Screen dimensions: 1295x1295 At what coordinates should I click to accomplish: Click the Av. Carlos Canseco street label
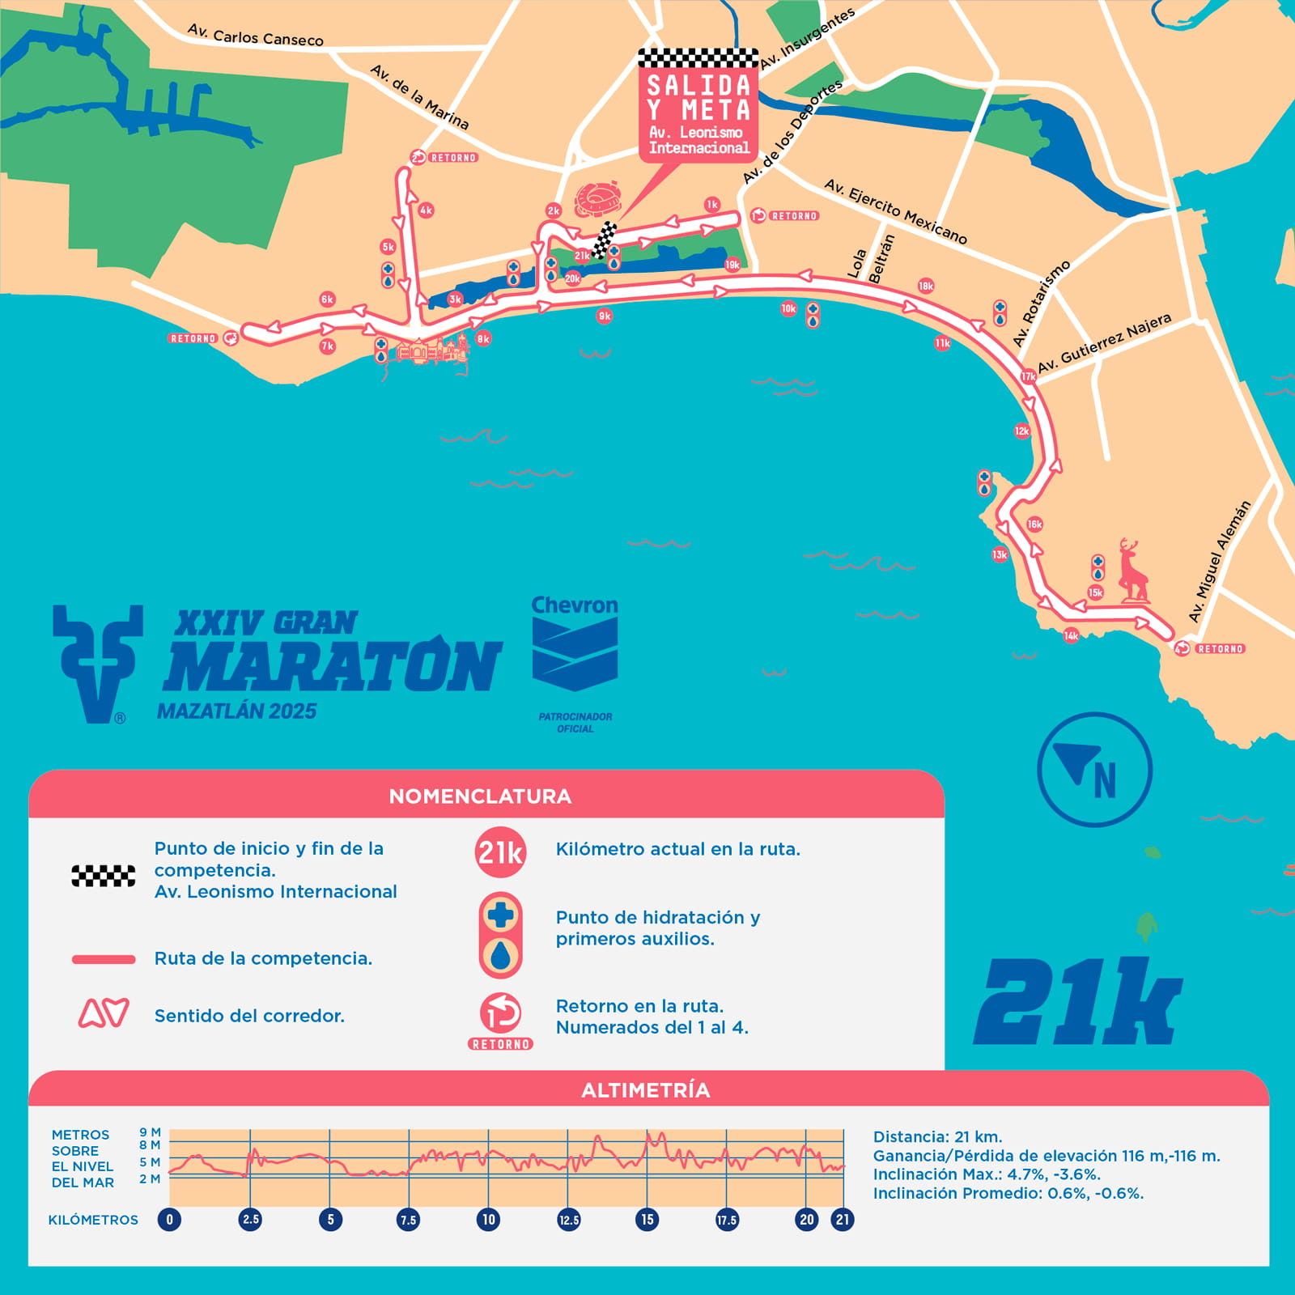coord(255,35)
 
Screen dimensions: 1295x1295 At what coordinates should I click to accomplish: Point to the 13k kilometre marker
coord(1000,554)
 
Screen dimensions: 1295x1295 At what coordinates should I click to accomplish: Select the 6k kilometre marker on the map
coord(327,299)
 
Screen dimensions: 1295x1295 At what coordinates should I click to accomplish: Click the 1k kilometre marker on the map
coord(711,204)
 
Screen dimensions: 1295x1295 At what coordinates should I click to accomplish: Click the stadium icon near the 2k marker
coord(597,199)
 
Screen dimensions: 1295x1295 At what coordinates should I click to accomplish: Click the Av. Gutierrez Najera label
coord(1104,343)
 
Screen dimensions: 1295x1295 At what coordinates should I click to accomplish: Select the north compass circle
coord(1094,769)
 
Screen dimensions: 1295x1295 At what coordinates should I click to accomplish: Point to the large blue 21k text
coord(1078,1003)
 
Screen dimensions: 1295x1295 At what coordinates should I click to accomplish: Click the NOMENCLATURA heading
coord(480,796)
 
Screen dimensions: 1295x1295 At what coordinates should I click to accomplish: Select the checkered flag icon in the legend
coord(104,876)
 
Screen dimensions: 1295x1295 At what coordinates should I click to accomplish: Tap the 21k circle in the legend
coord(500,852)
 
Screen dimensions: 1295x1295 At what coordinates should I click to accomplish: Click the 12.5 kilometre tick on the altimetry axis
coord(568,1220)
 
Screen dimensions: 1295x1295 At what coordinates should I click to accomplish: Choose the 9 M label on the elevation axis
coord(150,1132)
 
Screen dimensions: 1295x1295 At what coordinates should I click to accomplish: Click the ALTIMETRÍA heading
coord(646,1089)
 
